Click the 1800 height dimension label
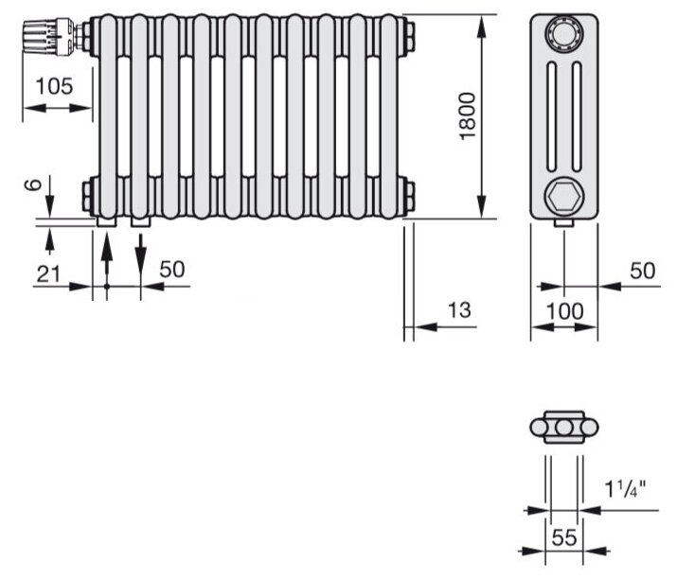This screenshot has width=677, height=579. [467, 117]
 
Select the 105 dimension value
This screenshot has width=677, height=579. [53, 86]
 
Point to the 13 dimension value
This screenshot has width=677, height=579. [458, 309]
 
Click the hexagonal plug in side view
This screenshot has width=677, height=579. [564, 197]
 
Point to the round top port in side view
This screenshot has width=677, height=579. [564, 38]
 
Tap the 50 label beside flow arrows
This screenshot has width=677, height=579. [171, 269]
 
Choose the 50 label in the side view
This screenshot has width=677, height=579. [642, 272]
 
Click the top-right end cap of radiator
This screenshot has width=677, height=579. [408, 37]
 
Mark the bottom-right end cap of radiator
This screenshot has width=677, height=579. [408, 196]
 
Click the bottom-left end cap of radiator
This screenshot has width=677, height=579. [88, 196]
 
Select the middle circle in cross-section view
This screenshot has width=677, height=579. [564, 428]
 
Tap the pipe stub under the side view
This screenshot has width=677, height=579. [564, 223]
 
